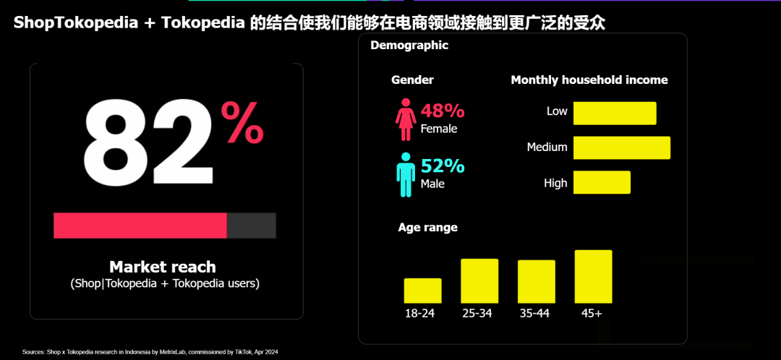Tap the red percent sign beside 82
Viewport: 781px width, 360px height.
pos(242,123)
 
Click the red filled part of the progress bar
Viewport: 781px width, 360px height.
pos(140,226)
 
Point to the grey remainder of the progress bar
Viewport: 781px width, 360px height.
pos(252,226)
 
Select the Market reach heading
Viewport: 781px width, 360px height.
pos(163,266)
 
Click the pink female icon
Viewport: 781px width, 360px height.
pos(404,120)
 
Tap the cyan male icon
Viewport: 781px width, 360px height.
pos(405,174)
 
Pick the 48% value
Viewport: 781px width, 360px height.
pos(443,111)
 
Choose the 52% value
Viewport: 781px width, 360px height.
pos(443,166)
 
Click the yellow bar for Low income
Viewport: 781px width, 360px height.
pos(615,113)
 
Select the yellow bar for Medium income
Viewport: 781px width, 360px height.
pos(622,147)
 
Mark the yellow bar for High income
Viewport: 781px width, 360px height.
pos(602,182)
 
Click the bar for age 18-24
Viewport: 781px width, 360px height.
pos(422,291)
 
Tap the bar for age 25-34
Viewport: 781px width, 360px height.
pos(479,280)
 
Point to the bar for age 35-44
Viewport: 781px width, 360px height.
pos(537,281)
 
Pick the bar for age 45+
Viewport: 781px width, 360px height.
pos(594,276)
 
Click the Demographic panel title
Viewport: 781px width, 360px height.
pos(409,46)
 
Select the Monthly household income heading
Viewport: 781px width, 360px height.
pos(589,80)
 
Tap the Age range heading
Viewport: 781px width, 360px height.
pos(428,227)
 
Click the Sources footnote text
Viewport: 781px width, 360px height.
pos(150,352)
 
